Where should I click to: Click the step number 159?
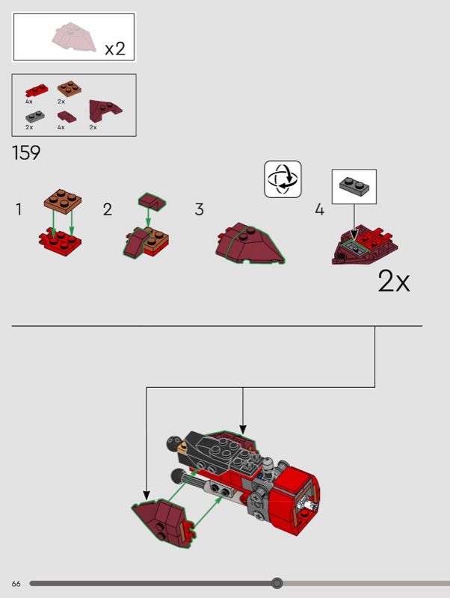[26, 153]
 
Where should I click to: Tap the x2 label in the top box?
[115, 49]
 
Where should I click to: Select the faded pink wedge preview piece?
[73, 37]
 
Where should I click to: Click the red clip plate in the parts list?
[37, 90]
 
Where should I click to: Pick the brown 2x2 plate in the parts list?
[70, 88]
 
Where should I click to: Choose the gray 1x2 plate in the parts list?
[35, 117]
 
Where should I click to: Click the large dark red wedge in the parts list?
[105, 111]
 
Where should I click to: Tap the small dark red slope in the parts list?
[67, 117]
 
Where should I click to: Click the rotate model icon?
[283, 179]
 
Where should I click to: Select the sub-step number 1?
[19, 209]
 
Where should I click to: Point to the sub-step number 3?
[199, 209]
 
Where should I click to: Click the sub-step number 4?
[319, 209]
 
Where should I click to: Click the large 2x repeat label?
[393, 282]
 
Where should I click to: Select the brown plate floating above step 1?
[63, 200]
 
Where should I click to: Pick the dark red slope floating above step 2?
[152, 201]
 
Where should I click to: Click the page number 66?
[16, 584]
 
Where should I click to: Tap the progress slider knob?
[277, 583]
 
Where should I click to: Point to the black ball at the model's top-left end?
[173, 443]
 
